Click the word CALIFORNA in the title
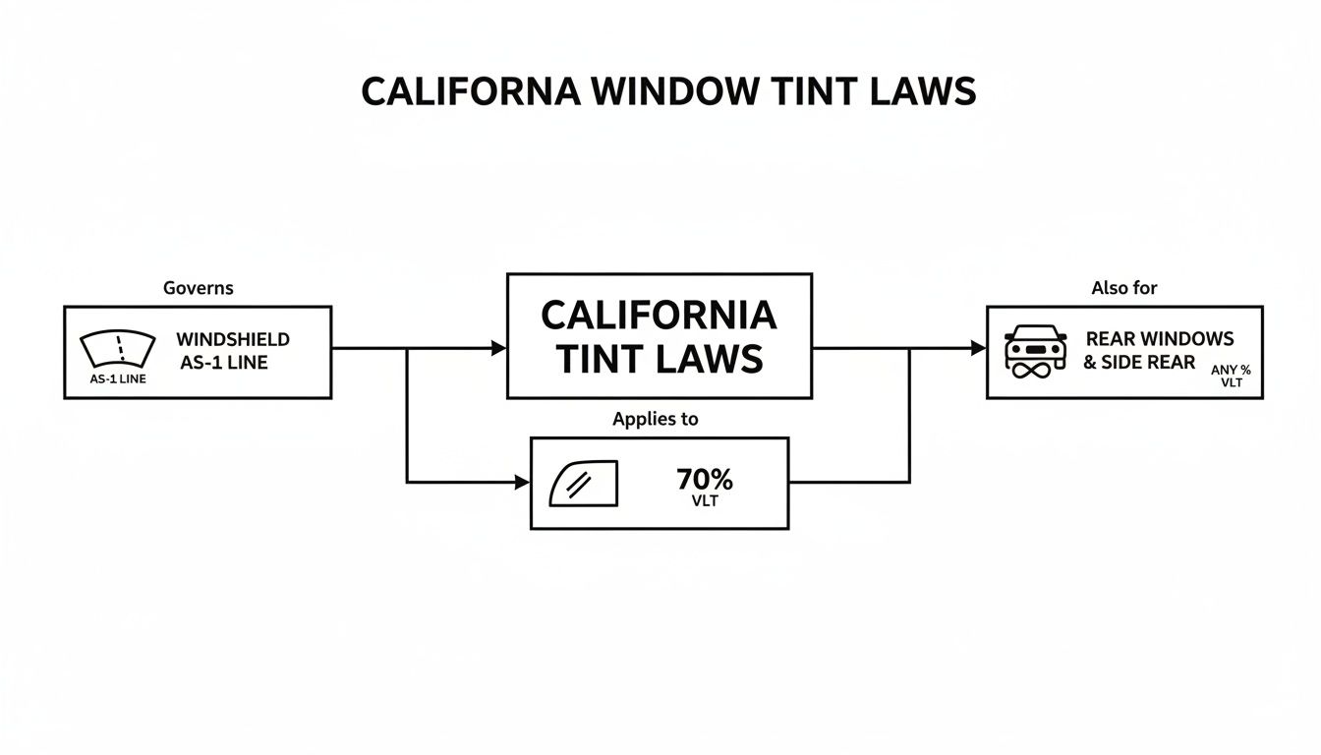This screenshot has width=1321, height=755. point(470,91)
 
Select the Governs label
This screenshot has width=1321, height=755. point(198,288)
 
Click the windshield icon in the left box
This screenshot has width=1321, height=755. point(117,350)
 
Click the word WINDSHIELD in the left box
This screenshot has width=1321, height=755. point(233,339)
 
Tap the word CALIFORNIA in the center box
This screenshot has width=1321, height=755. point(659,316)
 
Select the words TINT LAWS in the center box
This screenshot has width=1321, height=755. point(659,359)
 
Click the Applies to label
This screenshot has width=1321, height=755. point(656,419)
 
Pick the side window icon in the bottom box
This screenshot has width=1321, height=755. point(584,483)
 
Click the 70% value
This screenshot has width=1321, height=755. point(705,480)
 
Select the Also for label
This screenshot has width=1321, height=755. point(1124,288)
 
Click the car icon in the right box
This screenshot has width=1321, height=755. point(1036,350)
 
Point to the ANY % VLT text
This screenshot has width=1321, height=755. point(1231,376)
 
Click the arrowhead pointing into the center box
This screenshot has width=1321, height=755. point(499,348)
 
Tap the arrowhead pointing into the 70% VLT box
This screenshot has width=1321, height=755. point(523,483)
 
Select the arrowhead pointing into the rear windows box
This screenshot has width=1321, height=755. point(979,348)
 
